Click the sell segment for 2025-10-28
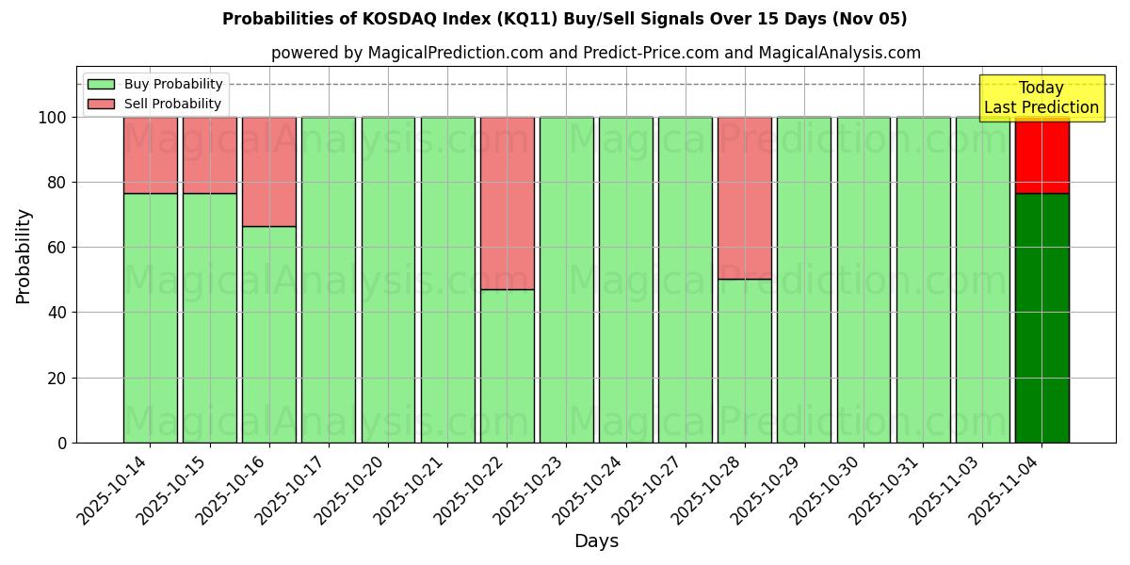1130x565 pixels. (x=745, y=198)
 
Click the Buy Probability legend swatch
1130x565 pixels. (x=101, y=85)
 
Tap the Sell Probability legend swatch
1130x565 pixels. (x=101, y=105)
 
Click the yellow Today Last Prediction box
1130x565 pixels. (x=1041, y=98)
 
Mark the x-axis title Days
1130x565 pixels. (x=596, y=541)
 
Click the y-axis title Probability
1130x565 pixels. (x=24, y=256)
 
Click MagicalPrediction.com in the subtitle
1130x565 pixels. (x=455, y=54)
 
